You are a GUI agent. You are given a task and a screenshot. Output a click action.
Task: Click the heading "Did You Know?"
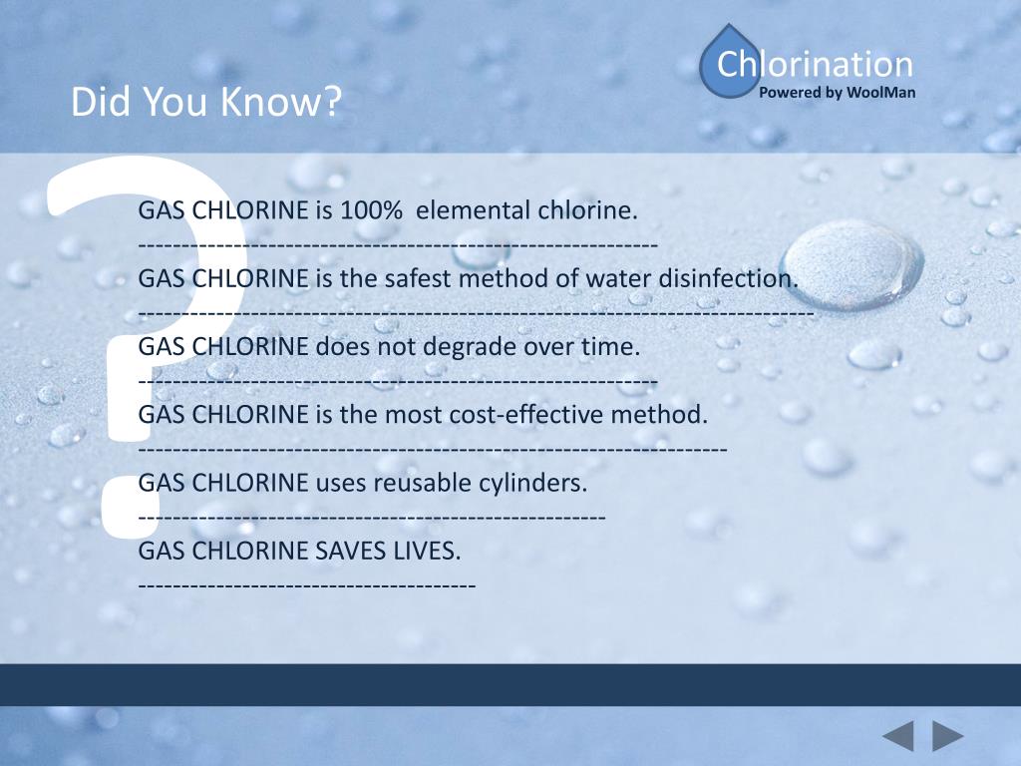206,102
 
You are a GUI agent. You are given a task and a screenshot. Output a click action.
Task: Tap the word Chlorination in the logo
815,64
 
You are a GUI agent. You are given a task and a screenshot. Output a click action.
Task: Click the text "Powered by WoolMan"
837,93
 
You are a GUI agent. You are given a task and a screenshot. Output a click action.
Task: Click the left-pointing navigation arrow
897,737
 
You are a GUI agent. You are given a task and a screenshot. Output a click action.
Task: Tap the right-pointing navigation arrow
948,737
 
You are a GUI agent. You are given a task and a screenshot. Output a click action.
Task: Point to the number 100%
371,210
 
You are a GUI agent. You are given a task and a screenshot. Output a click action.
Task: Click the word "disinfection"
731,278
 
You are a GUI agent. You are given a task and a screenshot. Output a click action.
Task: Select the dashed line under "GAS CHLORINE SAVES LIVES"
307,583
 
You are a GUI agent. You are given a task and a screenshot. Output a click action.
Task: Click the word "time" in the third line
608,346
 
